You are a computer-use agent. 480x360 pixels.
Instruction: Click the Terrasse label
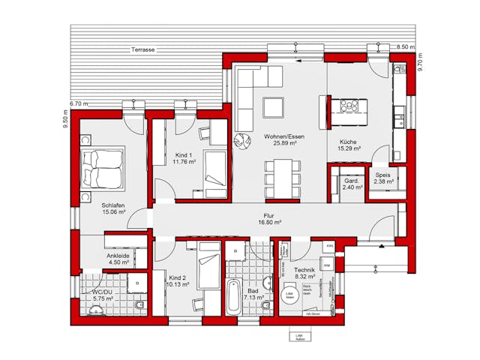(142, 49)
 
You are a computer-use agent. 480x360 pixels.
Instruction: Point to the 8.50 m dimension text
(406, 47)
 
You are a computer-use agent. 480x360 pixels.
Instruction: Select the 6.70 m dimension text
(78, 103)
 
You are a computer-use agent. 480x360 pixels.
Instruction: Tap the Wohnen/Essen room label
(280, 136)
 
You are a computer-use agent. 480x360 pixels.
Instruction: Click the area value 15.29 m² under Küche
(349, 148)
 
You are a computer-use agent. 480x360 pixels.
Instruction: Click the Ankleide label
(118, 255)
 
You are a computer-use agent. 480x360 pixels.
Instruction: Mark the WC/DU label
(102, 292)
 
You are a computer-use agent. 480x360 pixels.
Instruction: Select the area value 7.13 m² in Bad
(256, 297)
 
